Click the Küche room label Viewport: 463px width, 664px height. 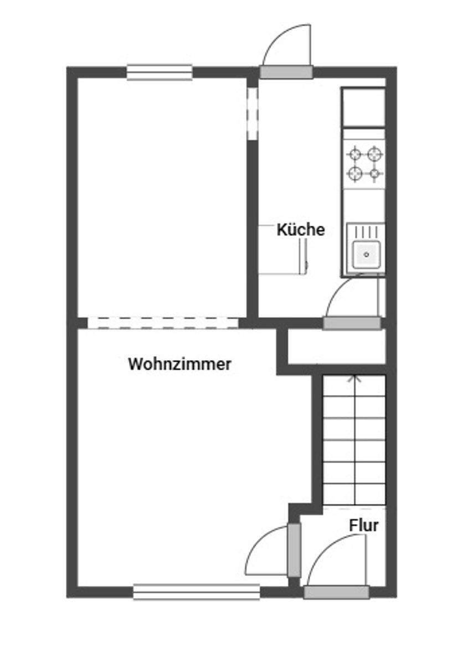pos(301,230)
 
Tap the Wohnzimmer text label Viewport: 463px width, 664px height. pos(179,365)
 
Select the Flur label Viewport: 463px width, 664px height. pos(364,525)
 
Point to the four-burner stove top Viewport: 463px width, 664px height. pos(364,163)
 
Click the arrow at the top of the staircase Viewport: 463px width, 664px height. pos(354,380)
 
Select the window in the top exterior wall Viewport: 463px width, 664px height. pos(160,72)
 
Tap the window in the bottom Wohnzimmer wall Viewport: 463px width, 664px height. pos(197,592)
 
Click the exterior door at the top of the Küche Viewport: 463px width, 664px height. pos(286,72)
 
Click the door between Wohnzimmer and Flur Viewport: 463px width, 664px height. pos(294,550)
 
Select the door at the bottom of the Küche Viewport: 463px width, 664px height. pos(352,323)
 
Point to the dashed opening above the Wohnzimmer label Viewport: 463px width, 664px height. pos(163,323)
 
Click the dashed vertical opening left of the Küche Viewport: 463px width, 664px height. pos(253,113)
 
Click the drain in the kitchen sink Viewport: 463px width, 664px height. pos(366,255)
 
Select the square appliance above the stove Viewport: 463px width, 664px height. pos(364,107)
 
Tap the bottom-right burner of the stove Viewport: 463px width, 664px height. pos(375,174)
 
